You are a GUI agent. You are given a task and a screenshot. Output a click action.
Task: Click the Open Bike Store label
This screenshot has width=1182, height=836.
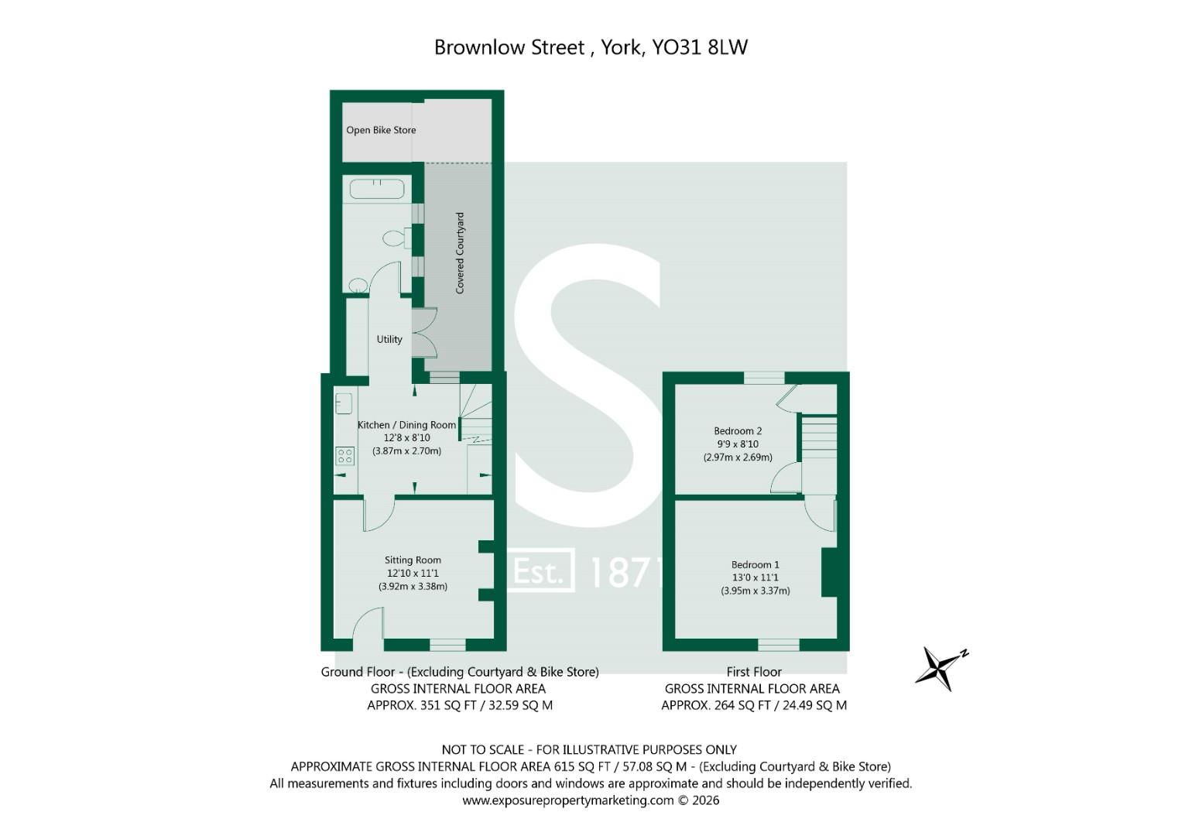point(381,130)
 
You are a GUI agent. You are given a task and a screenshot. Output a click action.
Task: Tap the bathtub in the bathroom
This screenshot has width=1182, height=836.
point(377,189)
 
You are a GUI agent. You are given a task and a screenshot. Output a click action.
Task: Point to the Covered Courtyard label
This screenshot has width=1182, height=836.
point(460,253)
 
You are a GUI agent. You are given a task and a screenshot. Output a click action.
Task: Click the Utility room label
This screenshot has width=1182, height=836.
point(389,339)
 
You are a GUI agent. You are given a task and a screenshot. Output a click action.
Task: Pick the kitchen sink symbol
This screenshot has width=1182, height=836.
point(344,403)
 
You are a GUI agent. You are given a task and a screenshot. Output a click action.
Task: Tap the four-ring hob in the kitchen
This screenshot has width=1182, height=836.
point(345,456)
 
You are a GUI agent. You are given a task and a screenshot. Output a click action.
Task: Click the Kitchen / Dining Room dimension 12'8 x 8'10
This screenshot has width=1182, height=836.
point(407,437)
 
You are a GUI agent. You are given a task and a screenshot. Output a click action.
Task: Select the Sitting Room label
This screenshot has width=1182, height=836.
point(413,560)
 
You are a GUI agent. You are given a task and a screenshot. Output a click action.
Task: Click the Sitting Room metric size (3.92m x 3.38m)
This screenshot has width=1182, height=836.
point(413,586)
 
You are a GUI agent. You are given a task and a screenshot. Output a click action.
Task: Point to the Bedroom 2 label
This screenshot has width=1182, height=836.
point(738,430)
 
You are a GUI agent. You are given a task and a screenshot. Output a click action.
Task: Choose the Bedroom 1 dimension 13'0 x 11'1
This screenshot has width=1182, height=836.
point(755,577)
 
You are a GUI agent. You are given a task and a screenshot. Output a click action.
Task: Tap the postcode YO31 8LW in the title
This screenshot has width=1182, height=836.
point(701,47)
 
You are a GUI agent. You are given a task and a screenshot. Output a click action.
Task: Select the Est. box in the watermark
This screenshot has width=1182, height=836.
point(540,570)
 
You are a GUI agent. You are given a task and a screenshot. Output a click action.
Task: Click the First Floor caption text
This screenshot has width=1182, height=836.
point(754,672)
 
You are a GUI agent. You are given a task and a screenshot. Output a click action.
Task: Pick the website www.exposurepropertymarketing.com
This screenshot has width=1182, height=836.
point(568,800)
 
